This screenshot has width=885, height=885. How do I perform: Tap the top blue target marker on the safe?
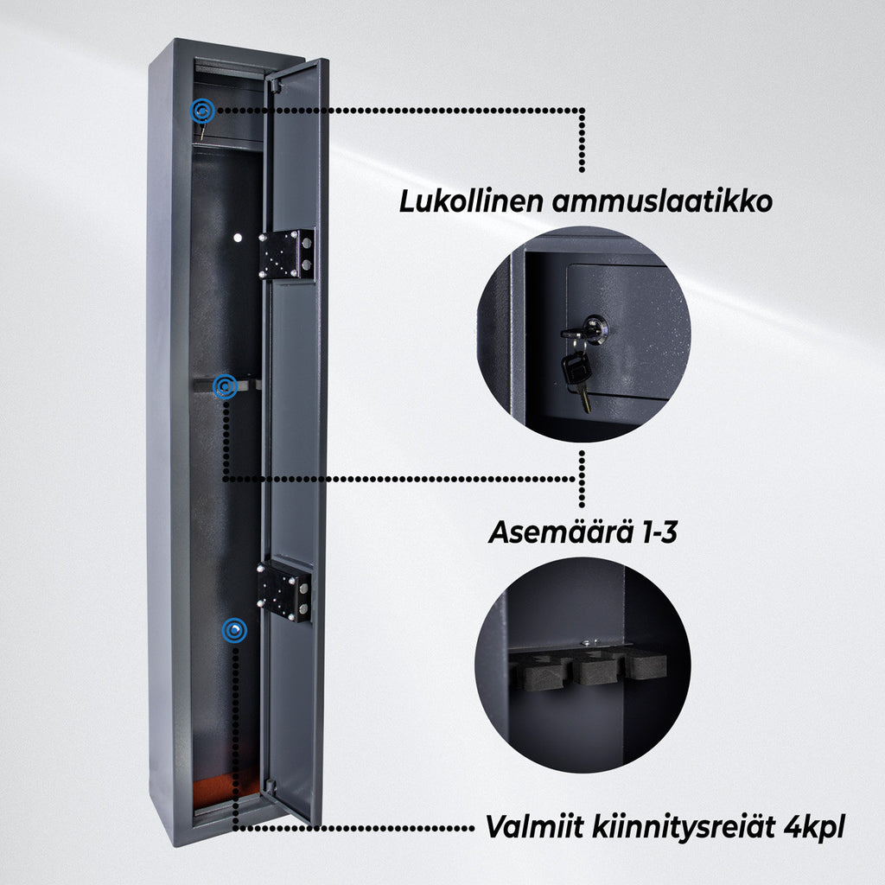(202, 110)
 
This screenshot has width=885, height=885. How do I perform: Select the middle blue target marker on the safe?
(225, 386)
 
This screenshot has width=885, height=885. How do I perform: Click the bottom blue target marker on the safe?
(233, 631)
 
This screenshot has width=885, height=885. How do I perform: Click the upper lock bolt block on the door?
(287, 253)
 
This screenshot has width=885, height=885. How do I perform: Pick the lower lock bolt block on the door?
(284, 589)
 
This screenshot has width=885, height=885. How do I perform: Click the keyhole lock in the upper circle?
(595, 328)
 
